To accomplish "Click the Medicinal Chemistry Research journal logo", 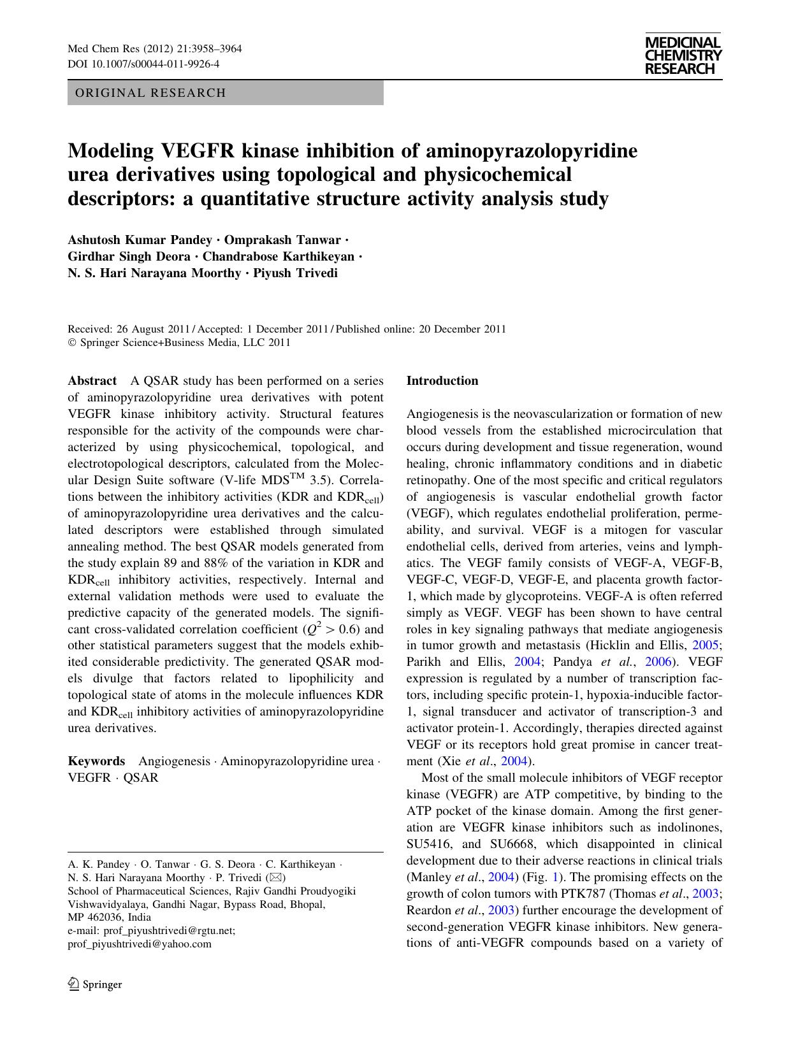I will [x=683, y=55].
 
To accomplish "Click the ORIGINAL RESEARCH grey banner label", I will [x=150, y=93].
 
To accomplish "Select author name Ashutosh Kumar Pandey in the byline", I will [x=140, y=240].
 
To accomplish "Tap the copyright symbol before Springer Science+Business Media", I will [x=71, y=343].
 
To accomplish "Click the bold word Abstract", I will [x=92, y=381].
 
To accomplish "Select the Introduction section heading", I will [x=442, y=381].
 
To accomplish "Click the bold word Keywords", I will [x=96, y=761].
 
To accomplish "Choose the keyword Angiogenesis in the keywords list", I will [x=174, y=761].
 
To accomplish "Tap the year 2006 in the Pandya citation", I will [x=658, y=662].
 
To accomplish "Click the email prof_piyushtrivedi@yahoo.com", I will [x=139, y=944].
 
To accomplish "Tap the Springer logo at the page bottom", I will [x=95, y=984].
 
